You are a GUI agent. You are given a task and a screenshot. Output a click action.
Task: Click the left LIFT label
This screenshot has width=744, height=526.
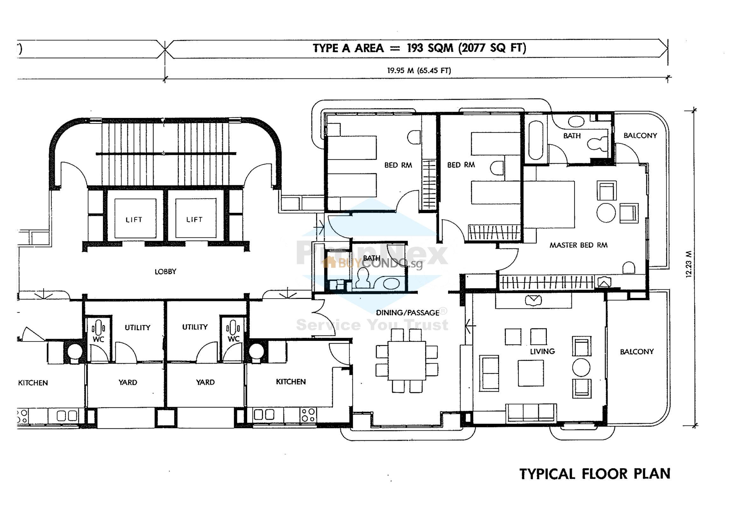(x=134, y=220)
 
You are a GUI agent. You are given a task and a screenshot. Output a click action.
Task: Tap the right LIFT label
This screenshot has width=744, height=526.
(x=194, y=220)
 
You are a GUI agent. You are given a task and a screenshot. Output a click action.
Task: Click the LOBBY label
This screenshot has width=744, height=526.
(x=165, y=272)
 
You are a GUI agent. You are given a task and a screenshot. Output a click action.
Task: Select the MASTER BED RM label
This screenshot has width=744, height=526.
(x=578, y=245)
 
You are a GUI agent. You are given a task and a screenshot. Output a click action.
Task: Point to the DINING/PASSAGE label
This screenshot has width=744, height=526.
(x=408, y=313)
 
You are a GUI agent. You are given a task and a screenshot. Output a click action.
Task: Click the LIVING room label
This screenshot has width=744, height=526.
(x=542, y=351)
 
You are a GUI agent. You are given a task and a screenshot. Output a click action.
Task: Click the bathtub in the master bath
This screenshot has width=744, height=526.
(x=535, y=140)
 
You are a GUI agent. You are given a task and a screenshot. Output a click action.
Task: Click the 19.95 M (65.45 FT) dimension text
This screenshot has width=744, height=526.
(x=419, y=70)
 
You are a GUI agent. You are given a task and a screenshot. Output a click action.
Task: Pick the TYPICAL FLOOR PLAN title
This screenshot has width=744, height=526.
(x=595, y=474)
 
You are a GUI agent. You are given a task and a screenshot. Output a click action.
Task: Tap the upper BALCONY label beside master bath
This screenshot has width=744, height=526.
(x=640, y=136)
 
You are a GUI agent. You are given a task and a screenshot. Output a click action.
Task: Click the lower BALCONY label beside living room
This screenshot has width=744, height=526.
(x=637, y=352)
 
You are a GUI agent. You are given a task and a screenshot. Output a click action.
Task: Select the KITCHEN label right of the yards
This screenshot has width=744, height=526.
(x=291, y=382)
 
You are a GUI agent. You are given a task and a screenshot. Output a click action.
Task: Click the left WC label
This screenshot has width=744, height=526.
(x=99, y=339)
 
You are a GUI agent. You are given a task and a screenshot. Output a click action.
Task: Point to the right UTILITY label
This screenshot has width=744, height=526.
(x=195, y=327)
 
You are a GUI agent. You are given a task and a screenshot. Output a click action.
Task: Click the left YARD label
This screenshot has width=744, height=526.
(x=128, y=383)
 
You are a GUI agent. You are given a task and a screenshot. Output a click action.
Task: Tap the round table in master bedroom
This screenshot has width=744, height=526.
(x=606, y=212)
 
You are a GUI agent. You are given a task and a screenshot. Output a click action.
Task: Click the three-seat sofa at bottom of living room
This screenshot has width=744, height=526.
(x=532, y=413)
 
